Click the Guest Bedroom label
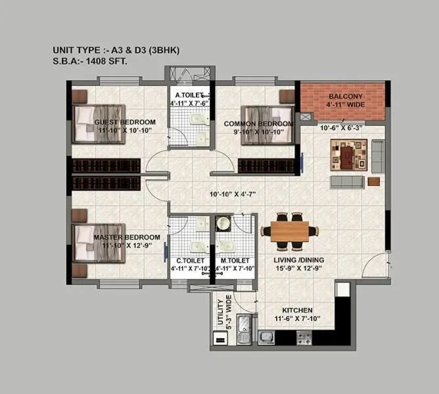(125, 122)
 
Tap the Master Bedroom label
(127, 237)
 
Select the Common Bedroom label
(258, 123)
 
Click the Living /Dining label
(299, 260)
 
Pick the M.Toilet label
(233, 260)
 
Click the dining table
(290, 231)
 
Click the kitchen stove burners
(304, 338)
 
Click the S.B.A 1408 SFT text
(90, 60)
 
